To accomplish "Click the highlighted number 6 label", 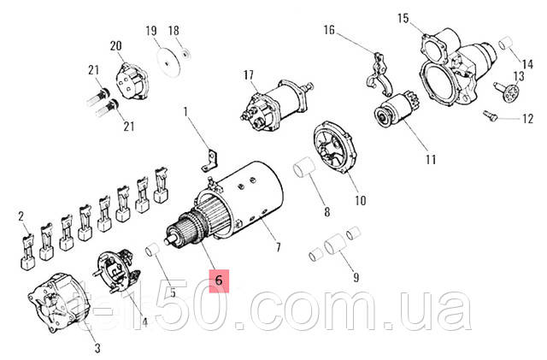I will click(218, 280).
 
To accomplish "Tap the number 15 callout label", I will click(403, 17).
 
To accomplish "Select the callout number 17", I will click(249, 75).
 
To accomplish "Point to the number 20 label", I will click(116, 44).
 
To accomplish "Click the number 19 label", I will click(152, 32).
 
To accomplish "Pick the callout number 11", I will click(431, 159).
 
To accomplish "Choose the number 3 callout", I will click(97, 348).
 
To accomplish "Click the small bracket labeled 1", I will click(208, 157).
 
